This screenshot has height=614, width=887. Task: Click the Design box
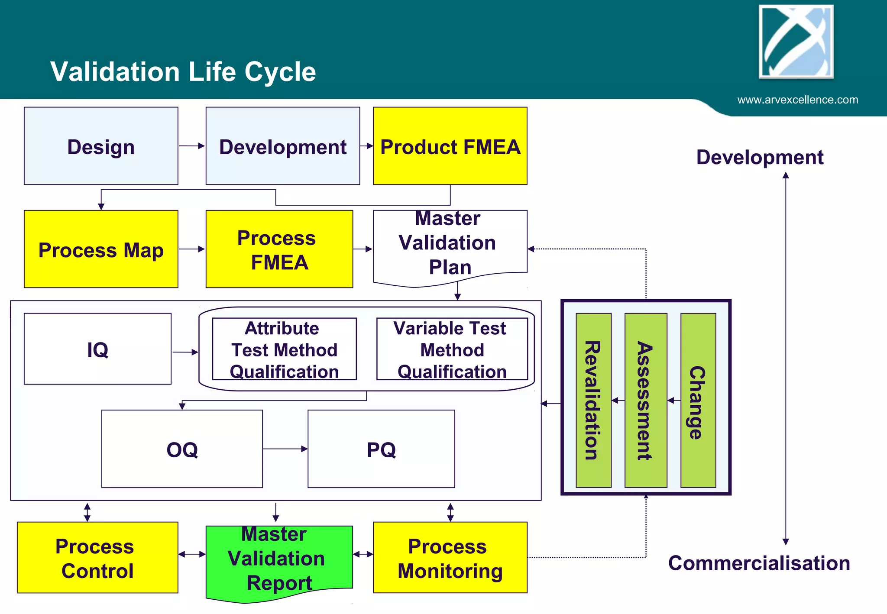coord(101,146)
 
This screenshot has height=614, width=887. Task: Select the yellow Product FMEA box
coord(450,146)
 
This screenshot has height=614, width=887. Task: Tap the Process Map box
coord(101,249)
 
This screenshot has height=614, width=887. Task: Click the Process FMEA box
coord(279,249)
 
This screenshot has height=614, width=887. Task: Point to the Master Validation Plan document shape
coord(450,245)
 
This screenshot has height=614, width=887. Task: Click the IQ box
coord(97,349)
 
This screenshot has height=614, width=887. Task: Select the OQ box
coord(182,449)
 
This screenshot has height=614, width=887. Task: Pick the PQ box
coord(381,449)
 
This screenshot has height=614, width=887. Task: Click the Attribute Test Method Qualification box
coord(284,349)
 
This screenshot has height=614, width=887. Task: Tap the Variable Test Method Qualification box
coord(452,349)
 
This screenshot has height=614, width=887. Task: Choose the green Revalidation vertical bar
coord(593,401)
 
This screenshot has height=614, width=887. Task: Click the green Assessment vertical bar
coord(645,401)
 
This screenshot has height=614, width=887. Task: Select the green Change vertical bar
coord(698,401)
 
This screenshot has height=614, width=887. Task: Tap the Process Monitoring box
coord(450,558)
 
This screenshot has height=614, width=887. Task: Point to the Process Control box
coord(97,558)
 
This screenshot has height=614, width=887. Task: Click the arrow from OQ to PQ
coord(285,449)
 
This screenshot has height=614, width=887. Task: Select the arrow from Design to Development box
coord(191,146)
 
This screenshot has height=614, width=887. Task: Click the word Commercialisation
coord(759,563)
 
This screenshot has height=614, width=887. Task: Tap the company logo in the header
coord(796,42)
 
